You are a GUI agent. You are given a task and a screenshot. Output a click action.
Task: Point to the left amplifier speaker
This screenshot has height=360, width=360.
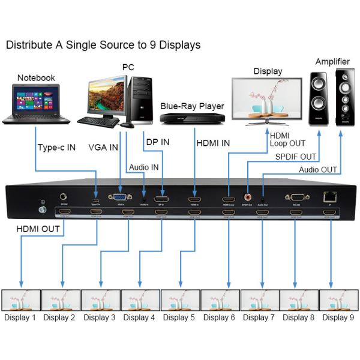click(318, 98)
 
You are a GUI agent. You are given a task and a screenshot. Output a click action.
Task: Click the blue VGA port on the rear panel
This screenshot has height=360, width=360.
click(120, 197)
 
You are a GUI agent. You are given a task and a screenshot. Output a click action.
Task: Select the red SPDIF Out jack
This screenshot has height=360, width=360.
click(248, 196)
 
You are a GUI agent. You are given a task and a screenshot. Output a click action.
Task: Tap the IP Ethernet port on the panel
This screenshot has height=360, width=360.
click(329, 196)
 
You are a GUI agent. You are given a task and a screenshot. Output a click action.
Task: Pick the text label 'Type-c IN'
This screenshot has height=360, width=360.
click(56, 147)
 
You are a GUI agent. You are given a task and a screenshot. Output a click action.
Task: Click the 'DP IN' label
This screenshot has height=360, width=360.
click(158, 143)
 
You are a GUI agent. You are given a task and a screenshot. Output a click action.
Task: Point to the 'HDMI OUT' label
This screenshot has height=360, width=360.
click(37, 228)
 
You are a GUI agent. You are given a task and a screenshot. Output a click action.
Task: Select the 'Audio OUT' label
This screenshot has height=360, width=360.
click(318, 170)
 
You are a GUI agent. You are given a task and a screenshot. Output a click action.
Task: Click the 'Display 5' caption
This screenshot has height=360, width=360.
click(180, 317)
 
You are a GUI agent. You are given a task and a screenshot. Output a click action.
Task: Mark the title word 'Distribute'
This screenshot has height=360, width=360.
click(27, 45)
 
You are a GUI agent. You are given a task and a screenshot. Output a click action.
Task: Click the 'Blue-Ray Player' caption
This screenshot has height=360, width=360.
click(192, 106)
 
